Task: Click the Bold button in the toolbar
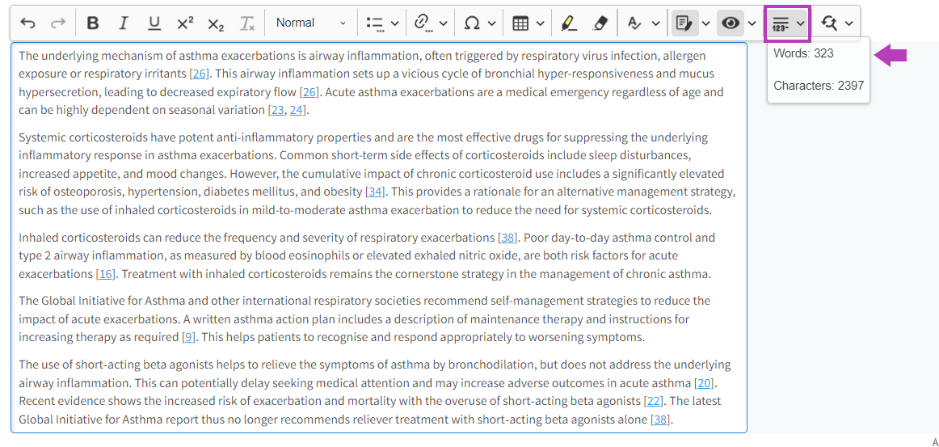click(x=93, y=23)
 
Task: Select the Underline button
click(x=154, y=23)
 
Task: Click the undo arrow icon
click(x=28, y=23)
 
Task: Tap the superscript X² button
click(x=185, y=23)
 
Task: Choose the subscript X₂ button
click(x=216, y=23)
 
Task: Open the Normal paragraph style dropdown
click(x=310, y=23)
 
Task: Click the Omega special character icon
click(x=472, y=23)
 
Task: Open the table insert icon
click(x=521, y=23)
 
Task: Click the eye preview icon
click(x=731, y=23)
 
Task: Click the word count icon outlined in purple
click(x=781, y=23)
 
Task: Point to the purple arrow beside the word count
click(x=892, y=55)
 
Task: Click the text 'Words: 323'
click(x=803, y=53)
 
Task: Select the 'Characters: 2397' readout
click(x=819, y=86)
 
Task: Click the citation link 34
click(x=375, y=192)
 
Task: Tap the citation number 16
click(x=105, y=274)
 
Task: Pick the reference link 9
click(x=189, y=337)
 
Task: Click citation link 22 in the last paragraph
click(x=653, y=401)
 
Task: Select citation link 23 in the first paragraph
click(x=277, y=110)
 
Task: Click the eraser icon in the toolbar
click(x=600, y=23)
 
